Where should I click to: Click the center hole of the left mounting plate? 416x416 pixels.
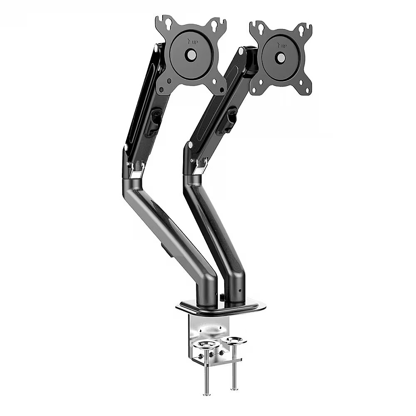(191, 55)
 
